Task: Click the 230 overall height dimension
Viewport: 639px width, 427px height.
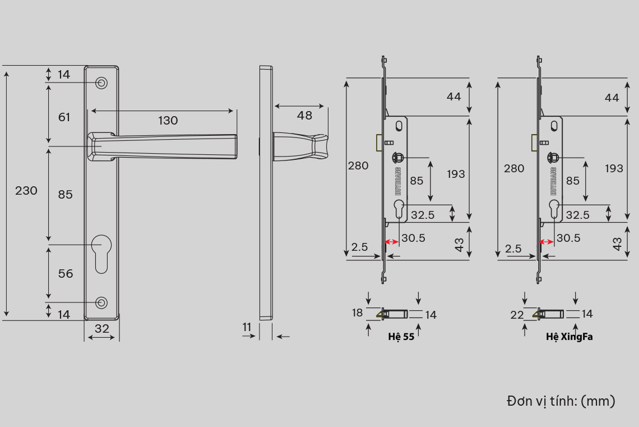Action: (x=26, y=190)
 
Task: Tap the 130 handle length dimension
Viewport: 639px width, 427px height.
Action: (x=168, y=120)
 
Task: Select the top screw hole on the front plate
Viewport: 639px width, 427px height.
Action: (x=101, y=83)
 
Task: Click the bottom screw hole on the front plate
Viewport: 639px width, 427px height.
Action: (x=101, y=302)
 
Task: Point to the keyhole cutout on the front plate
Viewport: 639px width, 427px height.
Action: (x=101, y=254)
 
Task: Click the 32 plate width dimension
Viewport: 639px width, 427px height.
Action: (x=102, y=329)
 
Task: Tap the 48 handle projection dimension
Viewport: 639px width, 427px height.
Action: (x=304, y=116)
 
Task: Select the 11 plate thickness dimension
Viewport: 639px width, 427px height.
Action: (x=247, y=327)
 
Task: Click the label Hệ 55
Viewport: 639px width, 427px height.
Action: (x=401, y=337)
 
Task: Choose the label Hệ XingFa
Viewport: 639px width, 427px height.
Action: (x=569, y=337)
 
